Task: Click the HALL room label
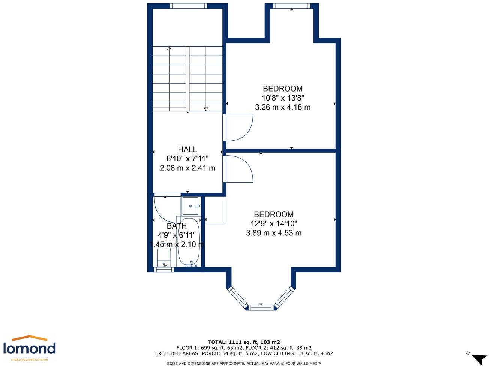click(187, 149)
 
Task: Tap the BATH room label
click(177, 226)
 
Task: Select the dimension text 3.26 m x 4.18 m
click(283, 107)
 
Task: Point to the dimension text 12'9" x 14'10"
click(274, 224)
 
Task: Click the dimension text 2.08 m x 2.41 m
click(187, 168)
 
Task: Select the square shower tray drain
click(190, 206)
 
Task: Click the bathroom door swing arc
click(165, 208)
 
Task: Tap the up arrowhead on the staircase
click(169, 48)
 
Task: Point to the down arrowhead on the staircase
click(206, 109)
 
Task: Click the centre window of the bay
click(261, 308)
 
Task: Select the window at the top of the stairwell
click(188, 6)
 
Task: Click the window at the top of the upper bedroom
click(292, 6)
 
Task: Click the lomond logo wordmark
click(29, 349)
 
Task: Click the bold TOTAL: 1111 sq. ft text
click(244, 342)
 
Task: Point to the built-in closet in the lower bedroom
click(215, 210)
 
